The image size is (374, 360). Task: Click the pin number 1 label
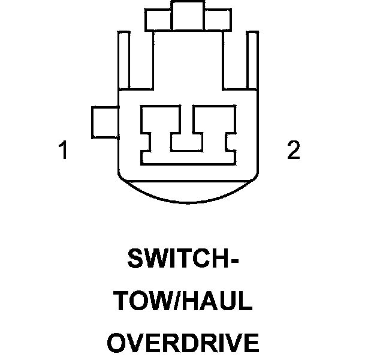coord(63,151)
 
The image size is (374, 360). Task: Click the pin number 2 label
coord(292,151)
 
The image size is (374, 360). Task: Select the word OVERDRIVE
coord(183,343)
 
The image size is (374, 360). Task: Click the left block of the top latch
coord(159,20)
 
